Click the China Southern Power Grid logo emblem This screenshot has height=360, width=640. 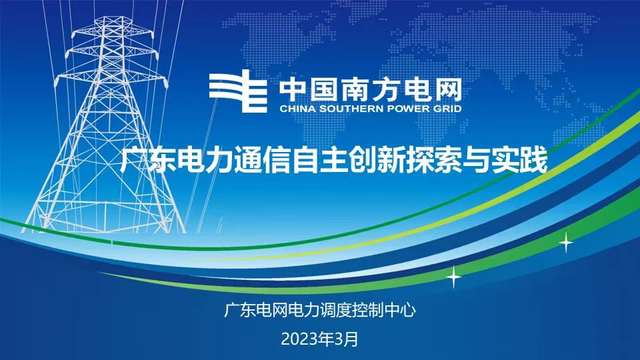[x=238, y=91]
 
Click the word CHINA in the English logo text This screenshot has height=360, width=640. [x=297, y=109]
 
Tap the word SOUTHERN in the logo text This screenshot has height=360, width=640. [x=351, y=109]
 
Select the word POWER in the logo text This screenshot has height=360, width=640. [x=407, y=109]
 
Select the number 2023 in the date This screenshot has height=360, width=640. [x=297, y=339]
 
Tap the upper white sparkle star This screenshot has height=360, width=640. [x=566, y=243]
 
